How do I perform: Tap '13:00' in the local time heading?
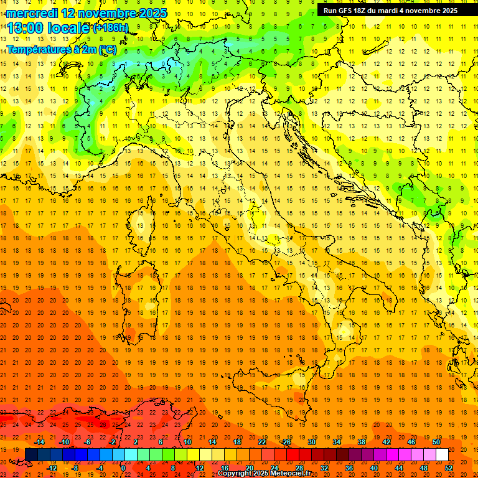(x=29, y=27)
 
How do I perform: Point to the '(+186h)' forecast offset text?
(x=111, y=28)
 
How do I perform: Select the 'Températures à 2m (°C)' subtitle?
(x=61, y=49)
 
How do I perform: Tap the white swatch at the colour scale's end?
(x=442, y=454)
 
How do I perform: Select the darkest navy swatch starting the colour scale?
(x=31, y=454)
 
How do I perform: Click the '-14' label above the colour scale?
(x=39, y=442)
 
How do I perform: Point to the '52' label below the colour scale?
(x=449, y=468)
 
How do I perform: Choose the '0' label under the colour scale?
(x=123, y=468)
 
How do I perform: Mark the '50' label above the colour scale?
(x=436, y=442)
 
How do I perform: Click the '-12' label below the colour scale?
(x=52, y=468)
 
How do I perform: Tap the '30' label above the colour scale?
(x=312, y=442)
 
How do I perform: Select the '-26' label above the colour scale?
(x=286, y=442)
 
